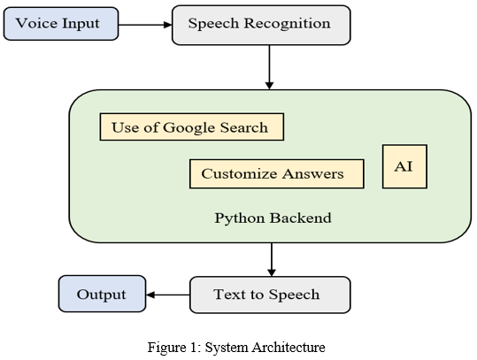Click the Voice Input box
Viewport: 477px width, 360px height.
coord(61,24)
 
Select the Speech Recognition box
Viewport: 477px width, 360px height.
coord(261,25)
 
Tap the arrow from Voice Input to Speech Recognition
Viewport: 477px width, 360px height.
coord(145,25)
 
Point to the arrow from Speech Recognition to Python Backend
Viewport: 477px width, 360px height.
coord(269,67)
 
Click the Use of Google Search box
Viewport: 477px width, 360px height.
coord(192,127)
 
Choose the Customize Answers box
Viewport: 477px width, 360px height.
coord(277,174)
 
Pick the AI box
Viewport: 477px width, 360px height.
coord(404,166)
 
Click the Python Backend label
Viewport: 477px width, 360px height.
coord(273,218)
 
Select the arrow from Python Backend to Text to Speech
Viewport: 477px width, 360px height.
coord(272,260)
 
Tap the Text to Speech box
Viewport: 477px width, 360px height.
coord(270,295)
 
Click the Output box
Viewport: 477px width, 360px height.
coord(103,294)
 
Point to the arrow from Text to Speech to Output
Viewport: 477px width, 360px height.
coord(168,295)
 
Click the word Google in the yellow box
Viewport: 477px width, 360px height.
coord(189,128)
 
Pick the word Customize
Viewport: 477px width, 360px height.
coord(240,174)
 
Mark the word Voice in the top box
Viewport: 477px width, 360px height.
coord(33,23)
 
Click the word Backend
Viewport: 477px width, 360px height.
coord(301,218)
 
